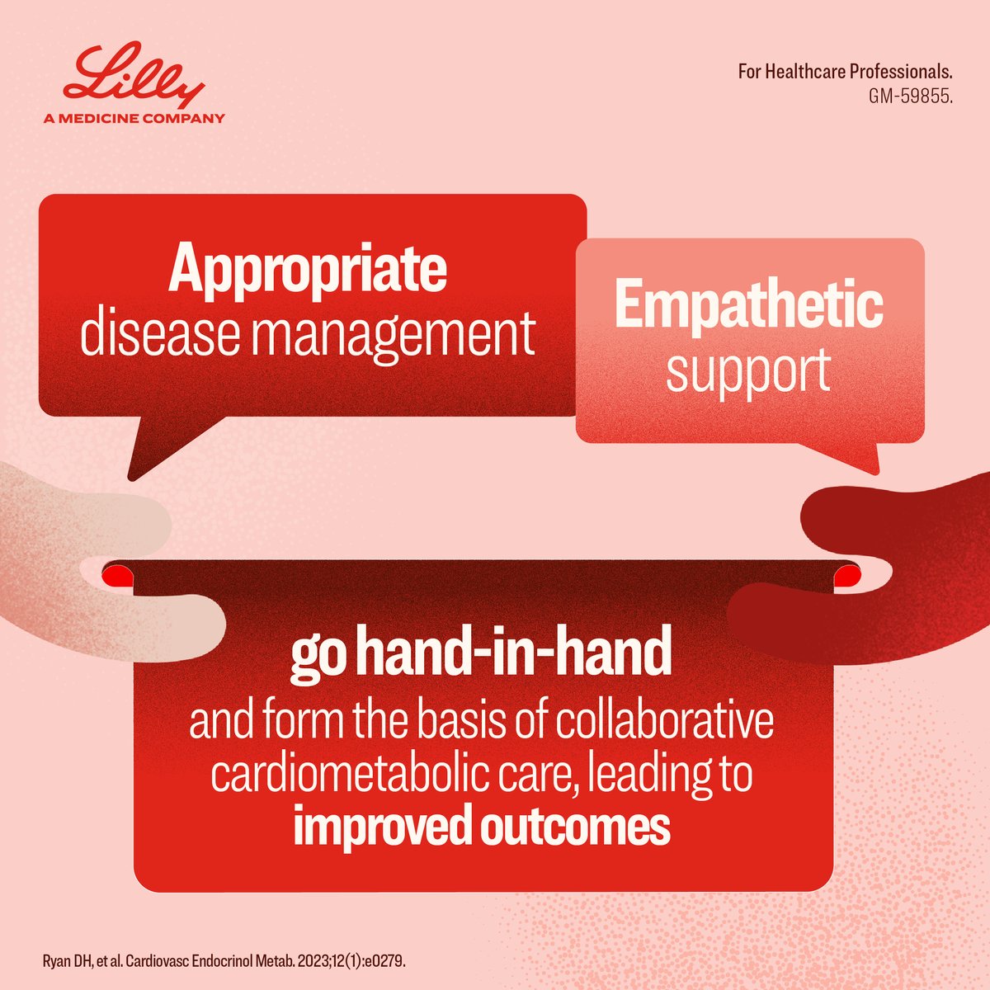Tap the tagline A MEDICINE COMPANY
pos(134,118)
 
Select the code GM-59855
pos(910,95)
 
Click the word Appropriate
pos(308,270)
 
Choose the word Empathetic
pos(748,304)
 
